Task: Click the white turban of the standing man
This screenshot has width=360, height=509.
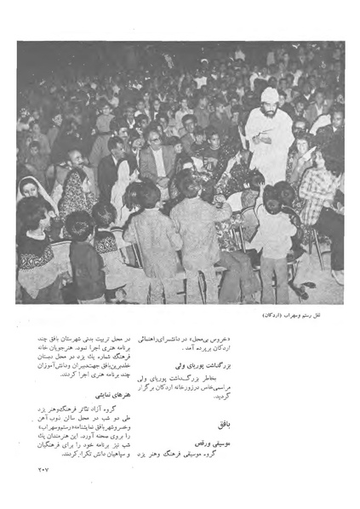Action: tap(269, 94)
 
